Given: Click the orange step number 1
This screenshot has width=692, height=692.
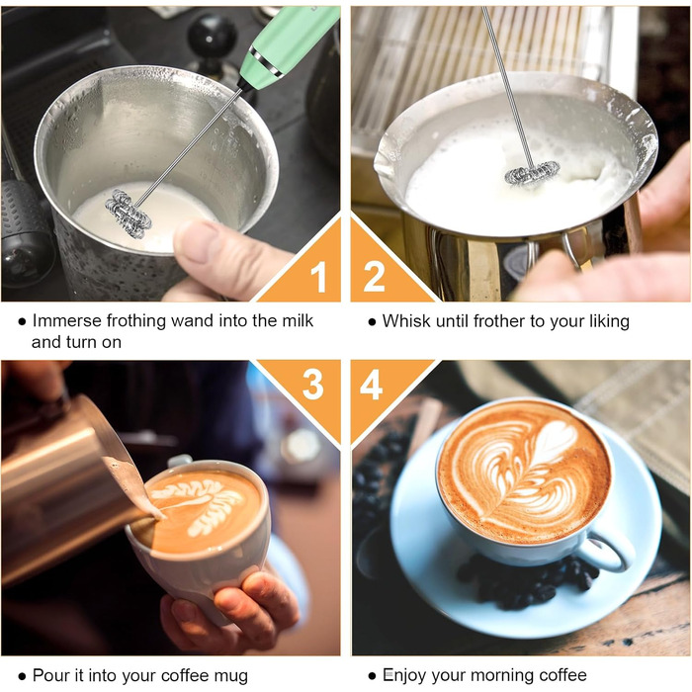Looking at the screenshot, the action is click(318, 277).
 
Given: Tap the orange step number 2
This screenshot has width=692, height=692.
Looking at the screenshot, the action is click(374, 276).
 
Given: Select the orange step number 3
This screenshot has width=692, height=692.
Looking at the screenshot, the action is click(313, 385).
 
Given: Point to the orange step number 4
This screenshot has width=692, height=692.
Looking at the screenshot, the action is click(371, 385).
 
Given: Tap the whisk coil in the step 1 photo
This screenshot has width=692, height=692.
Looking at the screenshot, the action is click(128, 214).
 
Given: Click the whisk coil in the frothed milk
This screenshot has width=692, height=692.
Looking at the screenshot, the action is click(532, 173).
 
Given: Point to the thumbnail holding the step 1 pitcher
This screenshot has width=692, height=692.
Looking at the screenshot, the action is click(199, 241).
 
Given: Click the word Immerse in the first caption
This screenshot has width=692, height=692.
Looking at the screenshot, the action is click(67, 321).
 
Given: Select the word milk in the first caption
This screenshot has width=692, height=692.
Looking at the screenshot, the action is click(298, 321).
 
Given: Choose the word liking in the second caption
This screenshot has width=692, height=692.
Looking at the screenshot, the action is click(610, 322).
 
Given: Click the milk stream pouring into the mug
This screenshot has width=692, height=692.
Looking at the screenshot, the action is click(132, 485).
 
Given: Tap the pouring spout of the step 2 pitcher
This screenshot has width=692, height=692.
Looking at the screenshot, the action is click(383, 155).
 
